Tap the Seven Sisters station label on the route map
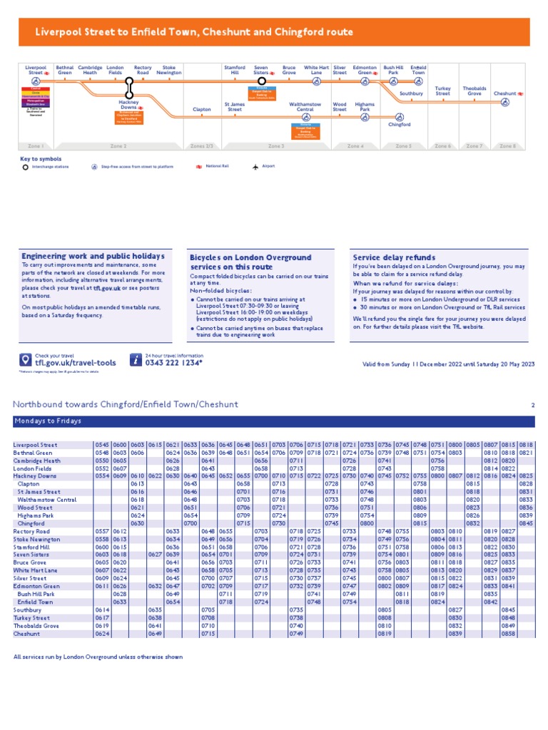click(261, 70)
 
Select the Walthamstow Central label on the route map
click(305, 107)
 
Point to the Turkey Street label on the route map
click(443, 91)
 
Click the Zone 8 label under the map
click(508, 145)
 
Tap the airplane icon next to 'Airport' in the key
click(255, 167)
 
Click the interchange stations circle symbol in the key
click(26, 167)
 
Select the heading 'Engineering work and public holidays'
click(93, 256)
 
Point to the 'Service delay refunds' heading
click(394, 257)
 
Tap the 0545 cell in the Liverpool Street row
click(102, 445)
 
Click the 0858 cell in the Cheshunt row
click(527, 633)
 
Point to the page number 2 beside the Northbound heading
click(532, 405)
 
